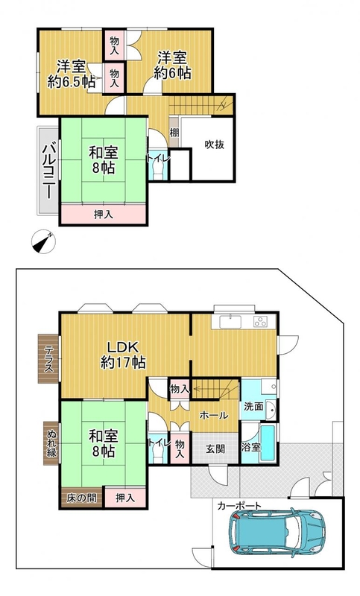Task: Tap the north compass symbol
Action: pos(43,242)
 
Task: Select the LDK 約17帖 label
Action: pos(123,355)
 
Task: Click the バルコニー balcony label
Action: pos(49,171)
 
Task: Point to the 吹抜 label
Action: pos(215,145)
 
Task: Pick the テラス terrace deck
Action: pos(48,358)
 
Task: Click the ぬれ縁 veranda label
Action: pos(51,443)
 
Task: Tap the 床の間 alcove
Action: pos(82,498)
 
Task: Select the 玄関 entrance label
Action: pos(215,449)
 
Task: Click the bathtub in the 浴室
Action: pos(268,443)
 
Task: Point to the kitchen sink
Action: pos(230,322)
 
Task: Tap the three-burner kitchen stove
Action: pos(261,322)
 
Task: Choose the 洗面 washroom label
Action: pos(253,406)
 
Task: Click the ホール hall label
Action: pos(214,416)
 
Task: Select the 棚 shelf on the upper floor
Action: pos(174,133)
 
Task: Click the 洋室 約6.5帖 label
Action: pos(71,74)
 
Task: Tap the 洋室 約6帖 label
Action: pos(173,66)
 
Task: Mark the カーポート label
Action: pos(239,506)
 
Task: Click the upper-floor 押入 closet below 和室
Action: pos(104,215)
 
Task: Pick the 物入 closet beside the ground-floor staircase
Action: pos(180,389)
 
